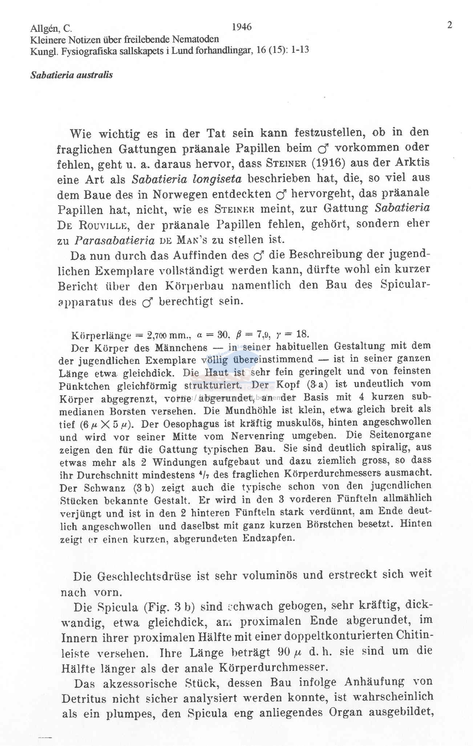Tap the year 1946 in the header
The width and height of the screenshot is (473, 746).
242,27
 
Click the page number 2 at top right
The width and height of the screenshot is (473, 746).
449,25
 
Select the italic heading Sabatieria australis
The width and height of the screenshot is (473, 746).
72,75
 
